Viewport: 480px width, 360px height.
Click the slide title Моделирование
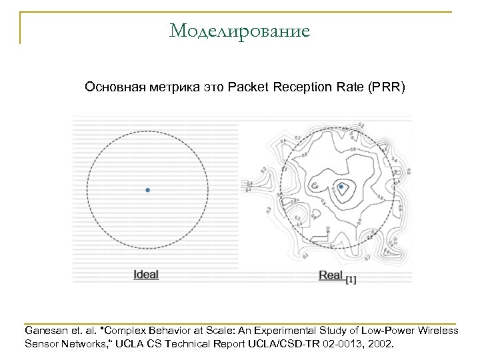(240, 31)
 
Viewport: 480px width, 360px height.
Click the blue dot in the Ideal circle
(148, 190)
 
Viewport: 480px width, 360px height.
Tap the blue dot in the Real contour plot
(341, 187)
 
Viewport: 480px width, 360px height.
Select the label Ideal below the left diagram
(146, 274)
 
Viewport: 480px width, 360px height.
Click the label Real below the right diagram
(331, 274)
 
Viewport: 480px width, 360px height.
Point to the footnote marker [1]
(351, 280)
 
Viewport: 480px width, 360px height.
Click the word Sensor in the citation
(41, 345)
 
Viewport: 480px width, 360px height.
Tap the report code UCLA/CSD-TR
(291, 345)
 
